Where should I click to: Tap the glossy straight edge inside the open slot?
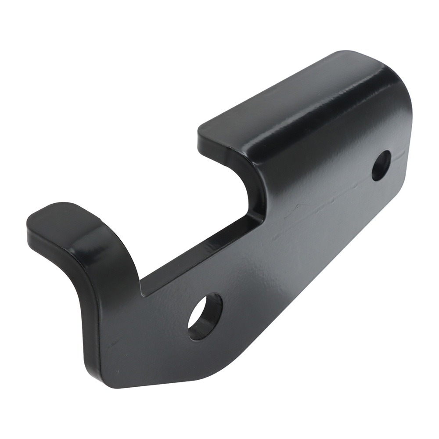198,255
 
